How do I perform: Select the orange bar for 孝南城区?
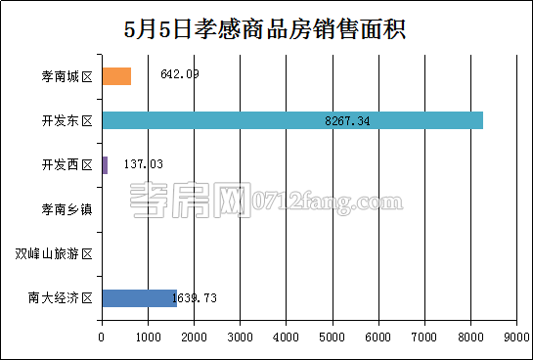(x=116, y=76)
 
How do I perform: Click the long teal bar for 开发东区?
(x=291, y=120)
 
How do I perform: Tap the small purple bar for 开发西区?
(x=105, y=164)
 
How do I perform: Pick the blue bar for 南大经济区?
(x=139, y=298)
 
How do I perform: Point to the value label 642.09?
(x=179, y=73)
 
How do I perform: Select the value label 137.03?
(x=144, y=164)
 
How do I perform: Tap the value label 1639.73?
(x=194, y=298)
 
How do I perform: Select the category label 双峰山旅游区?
(x=55, y=254)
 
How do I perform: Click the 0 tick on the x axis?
(x=102, y=337)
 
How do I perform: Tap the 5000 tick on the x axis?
(x=332, y=337)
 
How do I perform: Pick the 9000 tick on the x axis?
(x=515, y=337)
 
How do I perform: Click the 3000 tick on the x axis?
(x=240, y=337)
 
